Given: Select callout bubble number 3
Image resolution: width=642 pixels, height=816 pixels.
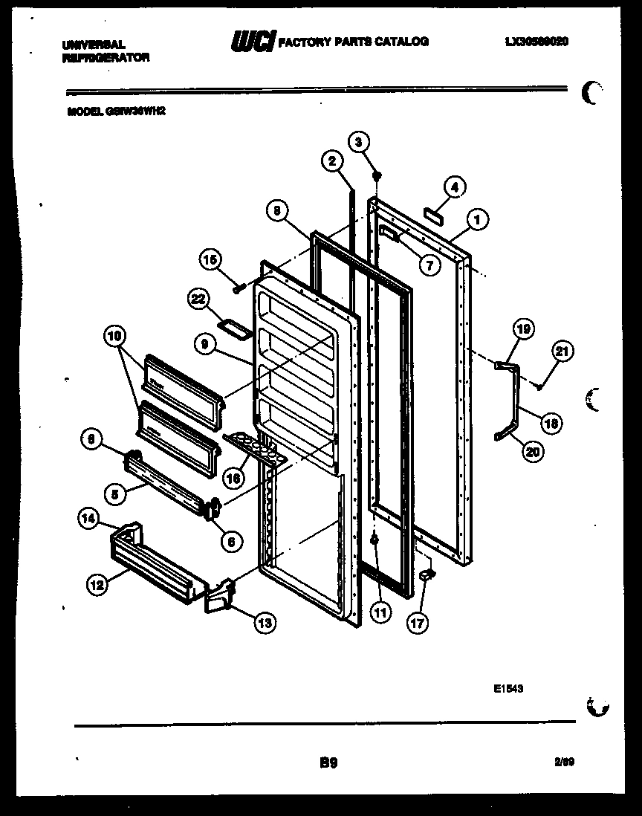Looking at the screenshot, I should pyautogui.click(x=359, y=142).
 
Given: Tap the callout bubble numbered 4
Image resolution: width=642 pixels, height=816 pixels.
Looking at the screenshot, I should pyautogui.click(x=455, y=188).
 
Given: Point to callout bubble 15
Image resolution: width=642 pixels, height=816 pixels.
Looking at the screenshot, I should pyautogui.click(x=210, y=259).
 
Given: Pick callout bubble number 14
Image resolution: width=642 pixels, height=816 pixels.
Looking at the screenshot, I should pyautogui.click(x=90, y=521).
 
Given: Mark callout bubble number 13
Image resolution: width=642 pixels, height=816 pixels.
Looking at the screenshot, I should pyautogui.click(x=263, y=623).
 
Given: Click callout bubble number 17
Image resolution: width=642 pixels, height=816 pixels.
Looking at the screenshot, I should pyautogui.click(x=418, y=623).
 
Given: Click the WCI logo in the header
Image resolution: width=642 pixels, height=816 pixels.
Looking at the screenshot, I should pyautogui.click(x=253, y=42).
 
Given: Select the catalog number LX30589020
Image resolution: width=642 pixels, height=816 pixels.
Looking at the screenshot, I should pyautogui.click(x=536, y=42).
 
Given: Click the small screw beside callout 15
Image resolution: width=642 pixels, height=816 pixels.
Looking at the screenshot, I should pyautogui.click(x=239, y=288).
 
